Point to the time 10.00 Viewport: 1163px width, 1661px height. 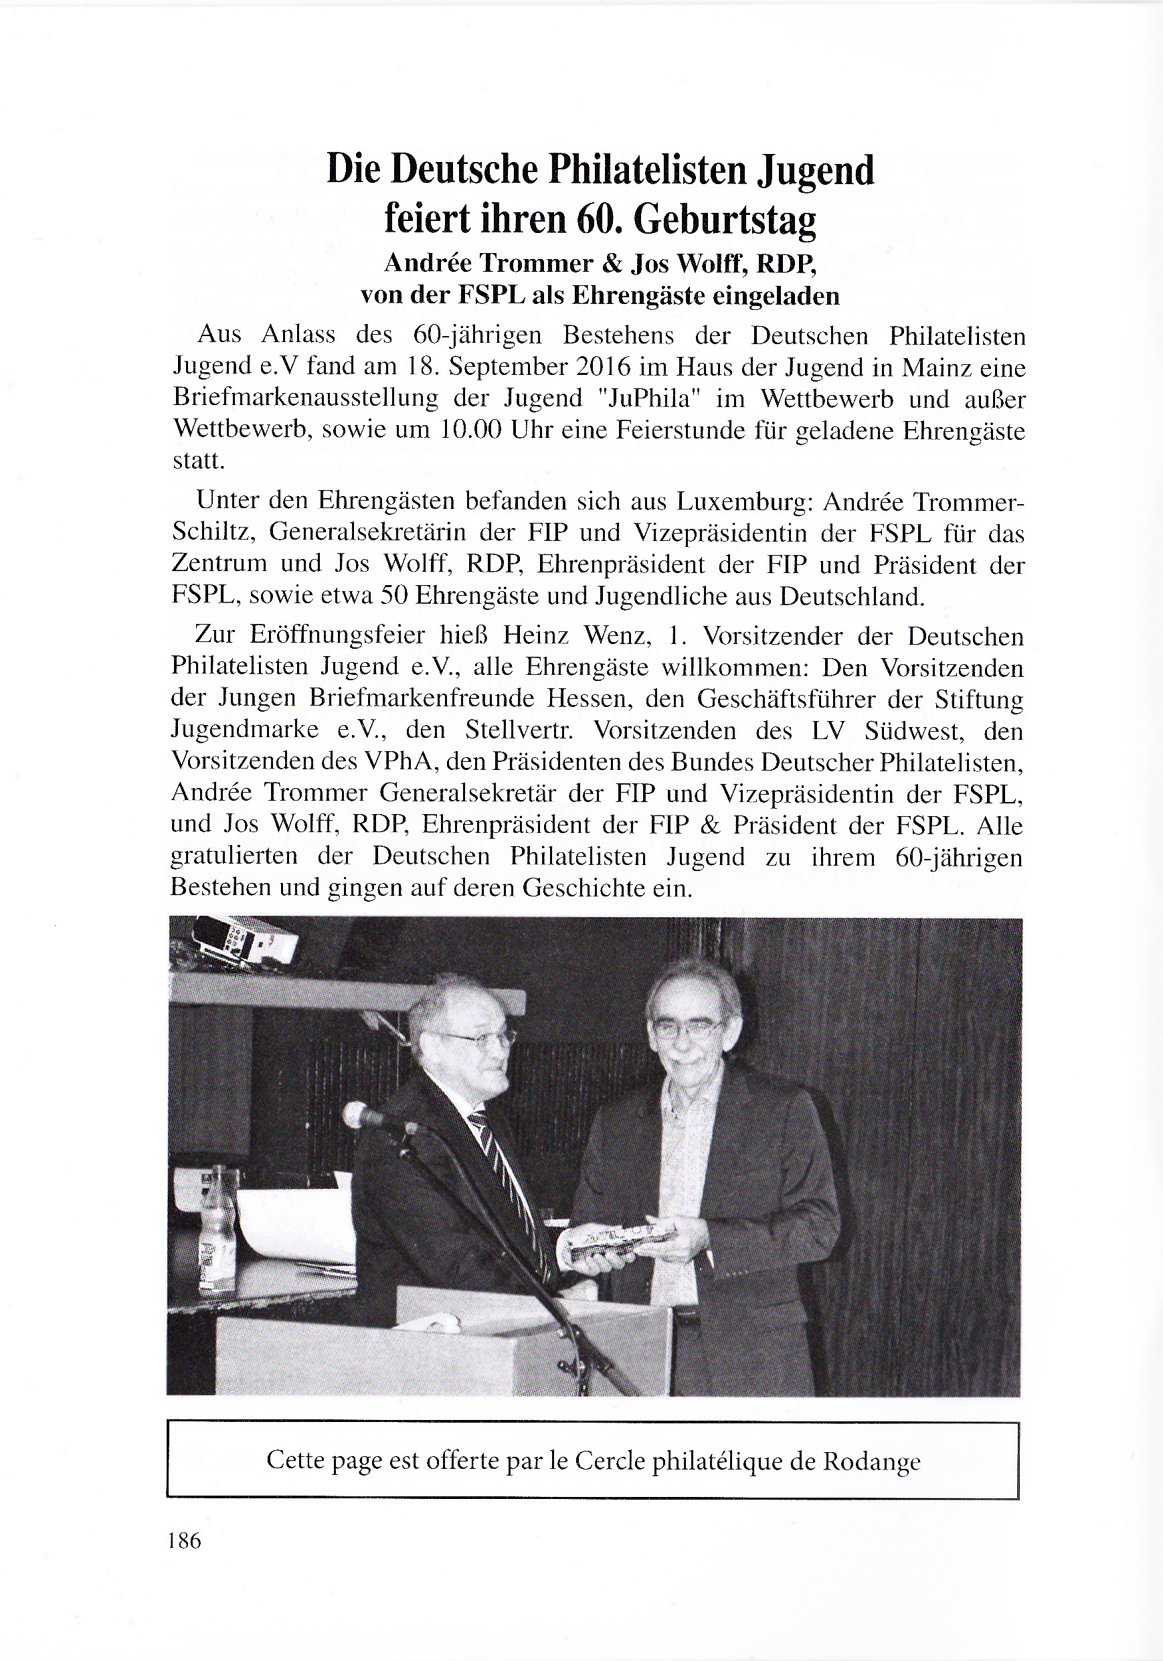[x=470, y=430]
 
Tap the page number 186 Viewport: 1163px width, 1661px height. [x=184, y=1541]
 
